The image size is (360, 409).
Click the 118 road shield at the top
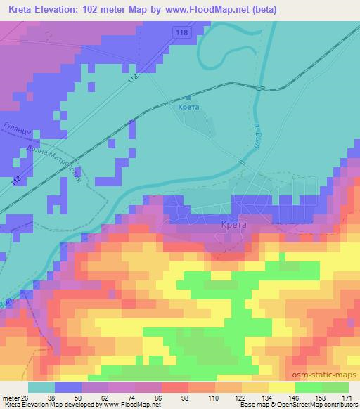pyautogui.click(x=184, y=33)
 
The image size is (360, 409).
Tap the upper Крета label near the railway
pyautogui.click(x=189, y=107)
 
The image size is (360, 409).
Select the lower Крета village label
pyautogui.click(x=233, y=225)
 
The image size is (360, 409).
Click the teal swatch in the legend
pyautogui.click(x=41, y=387)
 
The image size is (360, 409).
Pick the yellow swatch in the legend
pyautogui.click(x=282, y=387)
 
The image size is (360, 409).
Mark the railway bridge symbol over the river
pyautogui.click(x=262, y=89)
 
